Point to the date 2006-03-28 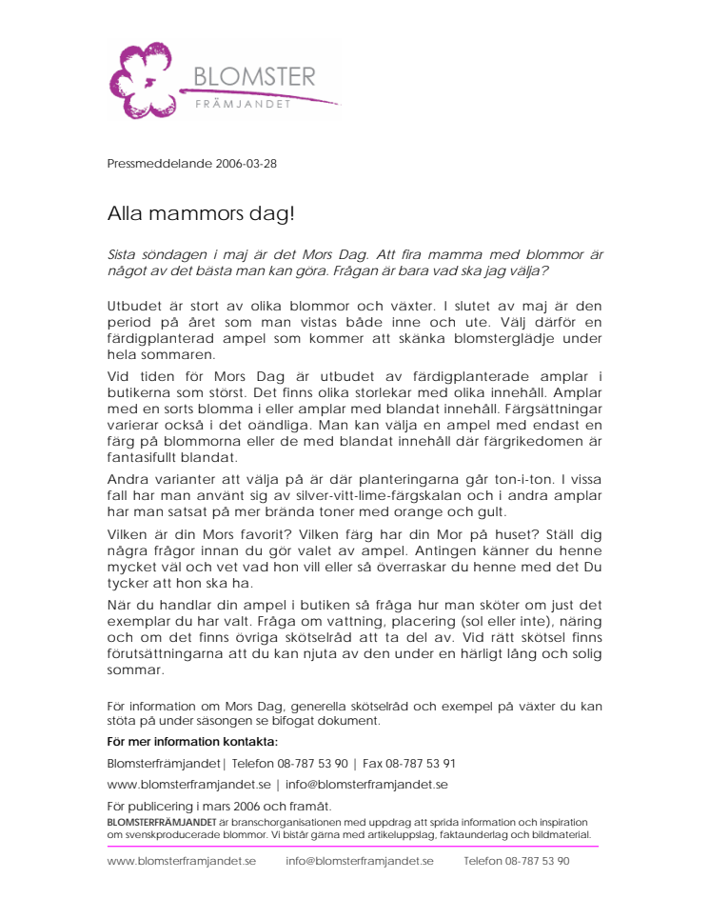point(246,163)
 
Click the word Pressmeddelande point(159,163)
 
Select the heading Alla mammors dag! point(201,213)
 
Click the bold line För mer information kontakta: point(192,741)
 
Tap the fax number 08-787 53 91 point(417,763)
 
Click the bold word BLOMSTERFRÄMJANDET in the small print point(161,821)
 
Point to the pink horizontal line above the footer point(352,846)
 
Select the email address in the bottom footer point(360,861)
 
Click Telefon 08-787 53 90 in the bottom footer point(517,861)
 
